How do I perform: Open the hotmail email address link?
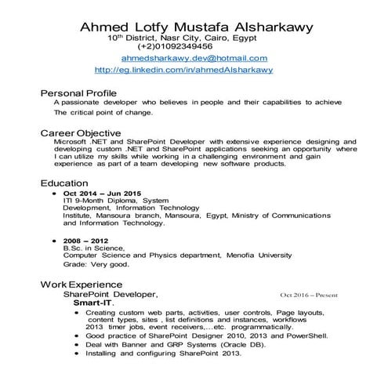tap(194, 58)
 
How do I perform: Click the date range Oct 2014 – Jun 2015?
tap(103, 193)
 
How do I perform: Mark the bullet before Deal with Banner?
tap(74, 345)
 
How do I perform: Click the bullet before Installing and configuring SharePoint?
tap(74, 354)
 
